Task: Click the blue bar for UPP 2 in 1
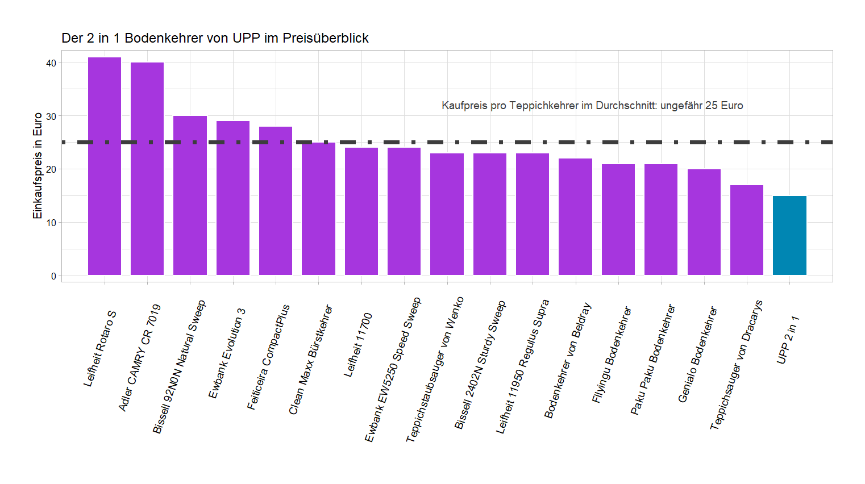pos(789,236)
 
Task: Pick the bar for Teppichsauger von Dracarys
pos(747,230)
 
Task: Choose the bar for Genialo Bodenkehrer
pos(704,222)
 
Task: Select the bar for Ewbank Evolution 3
pos(233,198)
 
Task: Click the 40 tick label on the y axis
pos(51,63)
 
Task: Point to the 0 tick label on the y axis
pos(53,276)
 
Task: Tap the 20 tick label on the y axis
pos(51,169)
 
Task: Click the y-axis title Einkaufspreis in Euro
pos(38,165)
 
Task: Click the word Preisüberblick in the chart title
pos(325,38)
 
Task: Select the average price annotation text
pos(592,106)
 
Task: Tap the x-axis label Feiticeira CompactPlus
pos(268,357)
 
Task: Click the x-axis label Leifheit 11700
pos(358,345)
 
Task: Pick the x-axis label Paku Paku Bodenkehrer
pos(653,360)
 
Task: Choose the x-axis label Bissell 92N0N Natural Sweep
pos(179,367)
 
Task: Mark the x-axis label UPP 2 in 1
pos(788,340)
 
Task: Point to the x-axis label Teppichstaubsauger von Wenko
pos(435,369)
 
